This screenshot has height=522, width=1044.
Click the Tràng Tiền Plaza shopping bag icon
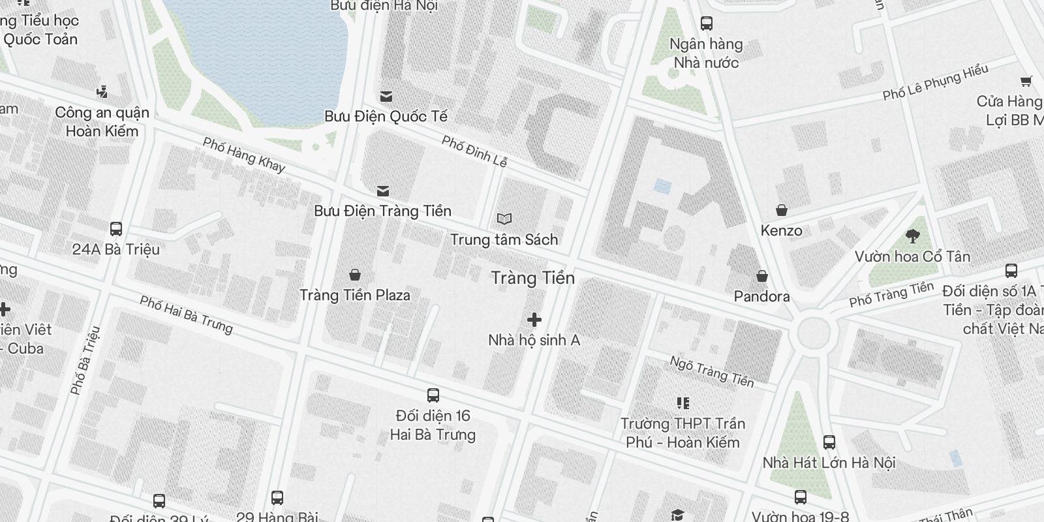pyautogui.click(x=355, y=275)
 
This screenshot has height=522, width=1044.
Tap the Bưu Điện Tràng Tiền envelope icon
pyautogui.click(x=383, y=191)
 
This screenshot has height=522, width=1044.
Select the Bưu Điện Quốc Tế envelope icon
pyautogui.click(x=386, y=97)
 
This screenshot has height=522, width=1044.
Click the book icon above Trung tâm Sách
pyautogui.click(x=504, y=219)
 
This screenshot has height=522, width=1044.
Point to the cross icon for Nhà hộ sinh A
pyautogui.click(x=534, y=320)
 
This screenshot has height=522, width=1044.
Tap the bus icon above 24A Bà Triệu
pyautogui.click(x=116, y=229)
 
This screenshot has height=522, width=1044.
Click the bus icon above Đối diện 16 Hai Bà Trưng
pyautogui.click(x=433, y=395)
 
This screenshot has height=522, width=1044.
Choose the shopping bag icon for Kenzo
pyautogui.click(x=781, y=210)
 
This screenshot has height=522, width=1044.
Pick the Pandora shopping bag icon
pyautogui.click(x=761, y=276)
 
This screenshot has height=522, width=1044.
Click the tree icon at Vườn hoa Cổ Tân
pyautogui.click(x=913, y=236)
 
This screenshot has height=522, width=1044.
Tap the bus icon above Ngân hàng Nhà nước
pyautogui.click(x=706, y=23)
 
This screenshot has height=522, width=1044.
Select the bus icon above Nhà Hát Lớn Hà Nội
pyautogui.click(x=829, y=442)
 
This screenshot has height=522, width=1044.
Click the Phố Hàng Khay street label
pyautogui.click(x=244, y=155)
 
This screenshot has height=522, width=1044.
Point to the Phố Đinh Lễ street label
pyautogui.click(x=474, y=151)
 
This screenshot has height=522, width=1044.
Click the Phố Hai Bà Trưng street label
pyautogui.click(x=186, y=315)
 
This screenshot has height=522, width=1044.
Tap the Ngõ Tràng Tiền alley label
pyautogui.click(x=711, y=371)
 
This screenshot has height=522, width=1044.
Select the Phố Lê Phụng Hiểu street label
pyautogui.click(x=935, y=82)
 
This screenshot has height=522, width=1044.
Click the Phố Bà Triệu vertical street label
pyautogui.click(x=85, y=360)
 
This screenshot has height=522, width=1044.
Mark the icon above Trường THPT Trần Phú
pyautogui.click(x=683, y=403)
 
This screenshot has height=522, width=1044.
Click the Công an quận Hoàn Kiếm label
pyautogui.click(x=102, y=121)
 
